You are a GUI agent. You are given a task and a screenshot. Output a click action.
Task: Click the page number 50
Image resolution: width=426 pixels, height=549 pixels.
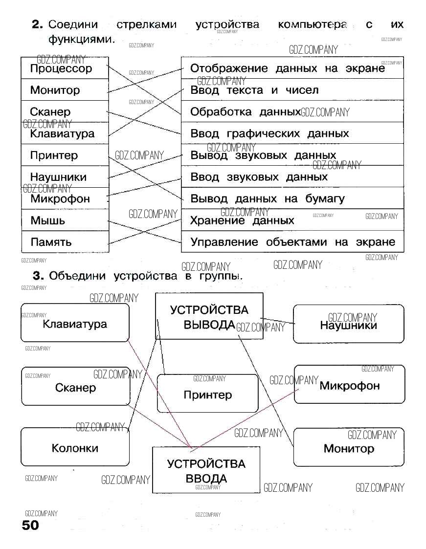[x=30, y=526]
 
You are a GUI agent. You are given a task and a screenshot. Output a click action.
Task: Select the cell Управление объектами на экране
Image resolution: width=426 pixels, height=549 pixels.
[x=292, y=242]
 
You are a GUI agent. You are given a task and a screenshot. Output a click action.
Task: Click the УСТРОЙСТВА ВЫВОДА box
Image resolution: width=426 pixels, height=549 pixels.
[x=209, y=316]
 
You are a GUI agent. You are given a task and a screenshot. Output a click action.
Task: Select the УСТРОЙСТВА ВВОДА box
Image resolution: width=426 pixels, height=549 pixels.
[x=206, y=470]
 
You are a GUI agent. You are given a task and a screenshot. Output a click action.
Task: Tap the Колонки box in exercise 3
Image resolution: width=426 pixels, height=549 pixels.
[x=75, y=448]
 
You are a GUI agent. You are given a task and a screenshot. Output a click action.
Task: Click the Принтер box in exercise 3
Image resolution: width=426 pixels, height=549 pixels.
[x=207, y=394]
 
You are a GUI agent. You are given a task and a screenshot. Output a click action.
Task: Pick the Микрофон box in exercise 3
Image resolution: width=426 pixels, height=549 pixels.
[x=349, y=385]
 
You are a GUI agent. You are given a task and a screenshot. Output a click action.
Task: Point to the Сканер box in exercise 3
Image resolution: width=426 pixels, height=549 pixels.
[x=75, y=388]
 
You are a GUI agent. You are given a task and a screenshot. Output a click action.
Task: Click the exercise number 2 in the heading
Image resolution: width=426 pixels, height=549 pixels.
[x=38, y=24]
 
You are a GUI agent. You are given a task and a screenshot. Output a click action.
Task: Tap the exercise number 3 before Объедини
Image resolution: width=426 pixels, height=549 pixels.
[x=38, y=276]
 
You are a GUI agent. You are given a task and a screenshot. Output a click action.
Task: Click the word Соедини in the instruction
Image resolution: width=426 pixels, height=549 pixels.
[x=73, y=24]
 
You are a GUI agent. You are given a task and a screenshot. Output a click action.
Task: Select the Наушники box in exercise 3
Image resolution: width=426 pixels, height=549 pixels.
[x=348, y=325]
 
